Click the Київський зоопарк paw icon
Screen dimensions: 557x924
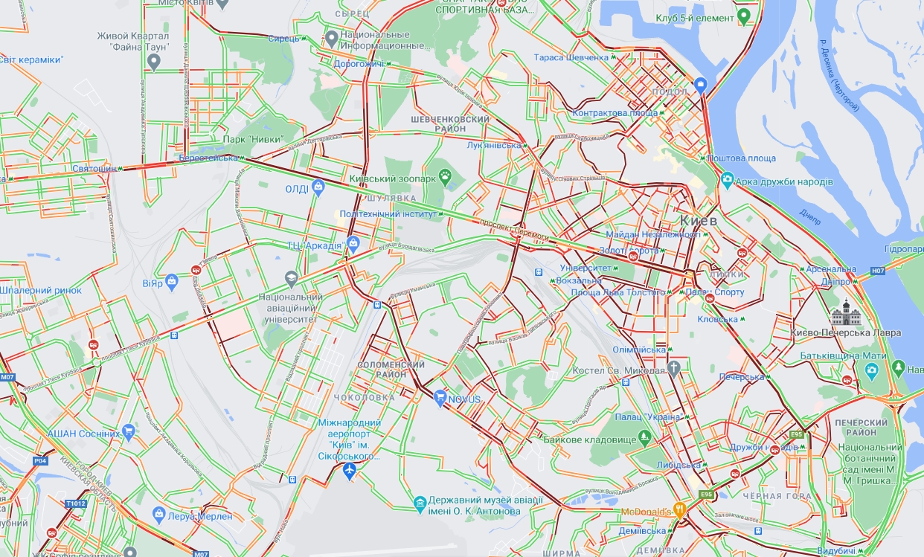tap(445, 176)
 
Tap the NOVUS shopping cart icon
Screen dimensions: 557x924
tap(440, 399)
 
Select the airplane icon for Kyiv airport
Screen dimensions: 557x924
tap(350, 471)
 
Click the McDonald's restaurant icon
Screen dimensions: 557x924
tap(679, 510)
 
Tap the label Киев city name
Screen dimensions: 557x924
tap(698, 221)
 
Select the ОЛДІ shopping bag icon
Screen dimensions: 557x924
tap(318, 187)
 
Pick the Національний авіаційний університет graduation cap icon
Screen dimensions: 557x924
tap(291, 279)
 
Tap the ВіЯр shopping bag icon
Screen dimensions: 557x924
tap(172, 281)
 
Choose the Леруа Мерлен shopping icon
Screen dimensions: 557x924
tap(158, 514)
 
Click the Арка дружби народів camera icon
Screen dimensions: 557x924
tap(728, 181)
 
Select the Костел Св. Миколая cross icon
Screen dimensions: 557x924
tap(674, 369)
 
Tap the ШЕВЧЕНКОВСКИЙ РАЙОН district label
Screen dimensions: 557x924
tap(450, 123)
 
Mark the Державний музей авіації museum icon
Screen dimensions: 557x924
tap(420, 505)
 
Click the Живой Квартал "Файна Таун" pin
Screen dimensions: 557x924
tap(154, 62)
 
